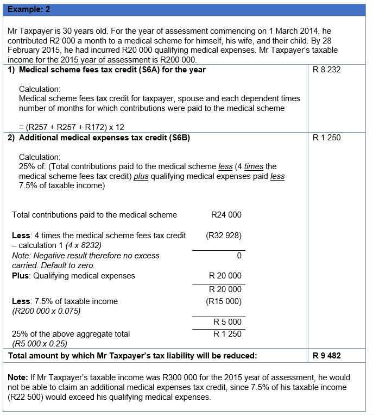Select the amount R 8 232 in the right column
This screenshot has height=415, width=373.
pos(327,70)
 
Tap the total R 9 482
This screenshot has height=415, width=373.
pos(327,356)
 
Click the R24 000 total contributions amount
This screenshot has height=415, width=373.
pos(226,215)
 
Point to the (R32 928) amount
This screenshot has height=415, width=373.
pos(224,236)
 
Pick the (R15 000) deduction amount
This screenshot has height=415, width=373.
pos(224,301)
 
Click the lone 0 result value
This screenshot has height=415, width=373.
pos(239,256)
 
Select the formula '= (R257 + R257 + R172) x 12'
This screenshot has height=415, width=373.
pos(72,127)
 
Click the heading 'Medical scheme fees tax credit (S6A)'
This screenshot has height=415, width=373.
pos(112,70)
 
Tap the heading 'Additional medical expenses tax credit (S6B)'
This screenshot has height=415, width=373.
pos(104,138)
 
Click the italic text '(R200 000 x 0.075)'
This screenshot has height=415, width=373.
pos(46,312)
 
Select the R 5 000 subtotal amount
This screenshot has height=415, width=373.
pos(227,322)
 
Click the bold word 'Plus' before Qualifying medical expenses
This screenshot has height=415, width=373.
pos(21,276)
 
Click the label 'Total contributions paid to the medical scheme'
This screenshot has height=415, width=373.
pos(94,215)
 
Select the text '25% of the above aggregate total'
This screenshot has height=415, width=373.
pos(71,334)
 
